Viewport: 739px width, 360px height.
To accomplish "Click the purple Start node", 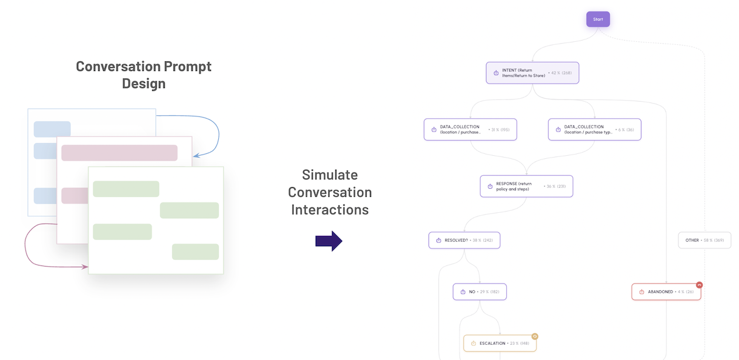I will coord(598,19).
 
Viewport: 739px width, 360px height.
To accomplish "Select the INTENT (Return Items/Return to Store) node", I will coord(532,73).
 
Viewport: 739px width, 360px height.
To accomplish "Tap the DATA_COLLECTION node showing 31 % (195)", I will coord(470,129).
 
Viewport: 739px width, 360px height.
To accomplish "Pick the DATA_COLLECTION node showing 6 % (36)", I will coord(594,129).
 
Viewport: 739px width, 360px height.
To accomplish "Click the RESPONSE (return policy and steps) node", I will coord(526,186).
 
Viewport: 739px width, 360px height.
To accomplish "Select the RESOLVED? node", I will coord(464,240).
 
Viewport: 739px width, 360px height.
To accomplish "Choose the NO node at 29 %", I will coord(479,292).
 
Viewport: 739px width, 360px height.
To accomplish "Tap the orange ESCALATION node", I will coord(500,343).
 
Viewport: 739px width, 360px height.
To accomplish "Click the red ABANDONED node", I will coord(666,292).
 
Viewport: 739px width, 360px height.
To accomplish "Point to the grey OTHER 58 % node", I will coord(704,240).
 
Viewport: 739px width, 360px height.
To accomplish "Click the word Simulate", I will coord(330,175).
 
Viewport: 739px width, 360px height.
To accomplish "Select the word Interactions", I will coord(330,210).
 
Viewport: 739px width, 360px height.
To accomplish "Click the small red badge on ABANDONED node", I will coord(699,285).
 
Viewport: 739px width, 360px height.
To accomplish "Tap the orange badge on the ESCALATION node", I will coord(535,336).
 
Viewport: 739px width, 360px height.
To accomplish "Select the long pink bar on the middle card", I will coord(119,153).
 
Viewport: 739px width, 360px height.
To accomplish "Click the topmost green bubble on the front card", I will coord(126,189).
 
